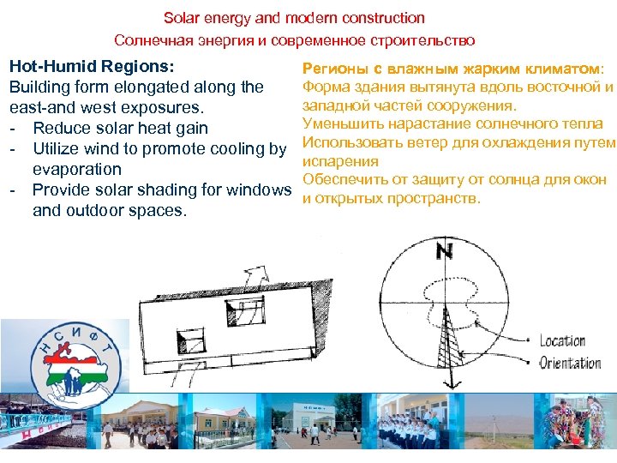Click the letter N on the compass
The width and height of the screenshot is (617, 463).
443,251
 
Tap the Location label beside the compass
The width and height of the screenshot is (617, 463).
562,341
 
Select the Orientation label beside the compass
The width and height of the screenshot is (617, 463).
570,363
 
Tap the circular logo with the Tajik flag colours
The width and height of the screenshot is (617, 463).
74,361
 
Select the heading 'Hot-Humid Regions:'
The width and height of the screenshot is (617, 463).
92,66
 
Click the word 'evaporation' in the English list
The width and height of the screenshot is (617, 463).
77,169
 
